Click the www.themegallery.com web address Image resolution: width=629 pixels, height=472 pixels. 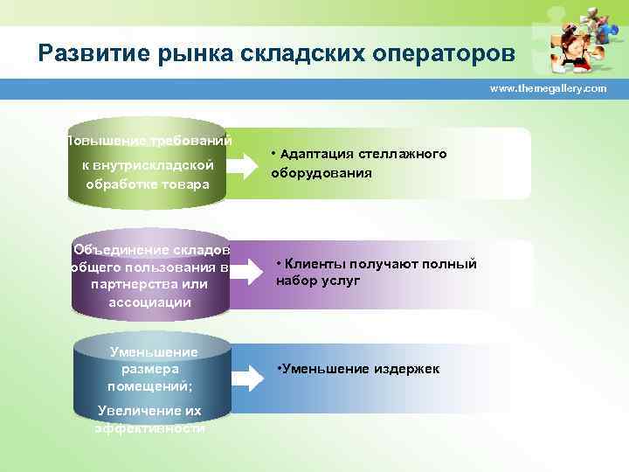(x=548, y=89)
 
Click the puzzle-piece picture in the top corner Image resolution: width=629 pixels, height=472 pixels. (x=572, y=39)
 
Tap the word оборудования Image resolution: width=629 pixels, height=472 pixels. (x=321, y=173)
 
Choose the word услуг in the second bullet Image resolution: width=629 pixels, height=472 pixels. (x=342, y=281)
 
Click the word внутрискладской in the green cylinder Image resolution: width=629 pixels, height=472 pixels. (x=148, y=164)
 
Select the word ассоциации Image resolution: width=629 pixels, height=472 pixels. (x=149, y=302)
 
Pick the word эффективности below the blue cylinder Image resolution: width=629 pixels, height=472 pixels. (x=149, y=428)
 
